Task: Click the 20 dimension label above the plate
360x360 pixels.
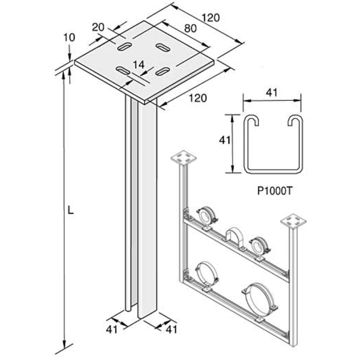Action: [x=98, y=27]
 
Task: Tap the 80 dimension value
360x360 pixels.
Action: [x=190, y=28]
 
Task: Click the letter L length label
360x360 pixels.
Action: [x=70, y=211]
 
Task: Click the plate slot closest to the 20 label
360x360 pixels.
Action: [x=124, y=46]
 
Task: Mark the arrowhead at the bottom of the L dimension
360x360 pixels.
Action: [x=65, y=344]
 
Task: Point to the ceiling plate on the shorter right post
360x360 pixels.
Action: [x=293, y=222]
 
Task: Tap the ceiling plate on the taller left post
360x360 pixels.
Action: [x=184, y=158]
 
